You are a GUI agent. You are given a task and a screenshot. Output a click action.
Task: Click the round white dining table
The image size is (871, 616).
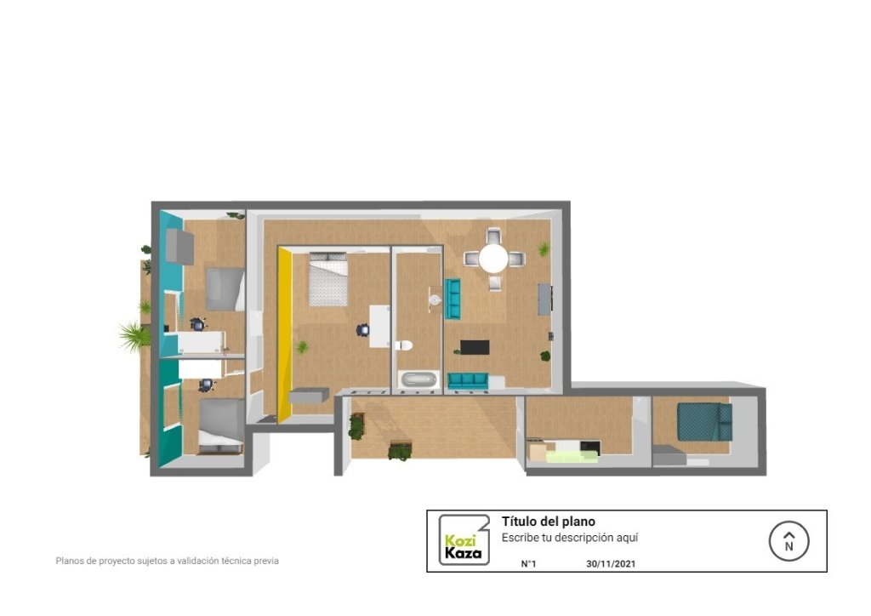[x=493, y=259]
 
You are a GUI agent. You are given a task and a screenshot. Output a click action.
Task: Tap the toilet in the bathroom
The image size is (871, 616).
[x=404, y=345]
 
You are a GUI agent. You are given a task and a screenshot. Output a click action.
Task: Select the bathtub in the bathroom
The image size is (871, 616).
[x=419, y=379]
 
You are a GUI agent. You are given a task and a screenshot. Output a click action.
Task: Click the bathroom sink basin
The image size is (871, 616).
[x=435, y=300]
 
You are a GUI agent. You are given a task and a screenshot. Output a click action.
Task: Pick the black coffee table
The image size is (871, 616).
[x=475, y=347]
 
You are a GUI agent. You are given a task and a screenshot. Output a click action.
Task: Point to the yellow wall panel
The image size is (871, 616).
[x=284, y=334]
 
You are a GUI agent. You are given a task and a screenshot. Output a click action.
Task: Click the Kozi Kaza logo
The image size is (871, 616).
[x=464, y=540]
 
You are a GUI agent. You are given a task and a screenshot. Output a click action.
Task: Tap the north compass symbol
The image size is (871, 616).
[x=788, y=541]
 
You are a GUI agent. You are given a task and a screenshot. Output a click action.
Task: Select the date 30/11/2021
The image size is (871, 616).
[x=611, y=564]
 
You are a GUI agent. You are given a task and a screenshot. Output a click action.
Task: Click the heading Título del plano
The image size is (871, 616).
[x=549, y=522]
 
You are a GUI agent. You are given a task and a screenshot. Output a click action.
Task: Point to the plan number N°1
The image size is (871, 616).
[x=528, y=564]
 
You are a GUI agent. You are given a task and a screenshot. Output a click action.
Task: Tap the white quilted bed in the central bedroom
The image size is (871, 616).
[x=328, y=279]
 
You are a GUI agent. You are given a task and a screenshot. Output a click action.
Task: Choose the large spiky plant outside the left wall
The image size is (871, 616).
[x=134, y=335]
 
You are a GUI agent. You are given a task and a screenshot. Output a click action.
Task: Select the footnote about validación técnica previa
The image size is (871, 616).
[x=168, y=561]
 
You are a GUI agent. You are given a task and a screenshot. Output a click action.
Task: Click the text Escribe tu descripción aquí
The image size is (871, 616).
[x=570, y=538]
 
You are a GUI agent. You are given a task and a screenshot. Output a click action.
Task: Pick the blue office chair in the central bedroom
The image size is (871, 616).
[x=362, y=330]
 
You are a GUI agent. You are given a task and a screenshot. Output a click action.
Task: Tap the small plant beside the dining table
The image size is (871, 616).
[x=544, y=249]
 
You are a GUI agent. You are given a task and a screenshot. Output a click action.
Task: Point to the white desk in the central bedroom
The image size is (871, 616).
[x=380, y=326]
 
